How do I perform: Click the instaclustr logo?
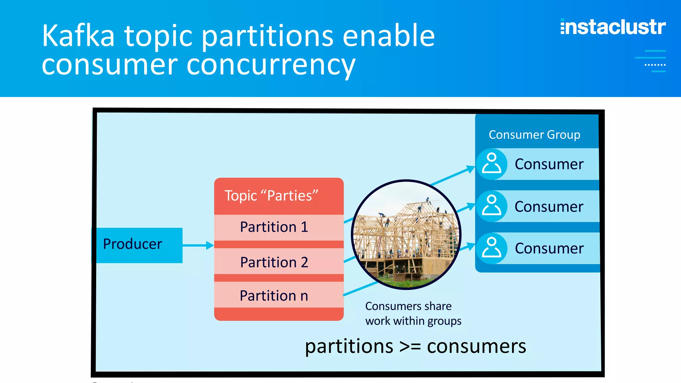[x=613, y=27]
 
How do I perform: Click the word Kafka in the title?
[x=78, y=36]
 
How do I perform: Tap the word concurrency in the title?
[x=271, y=65]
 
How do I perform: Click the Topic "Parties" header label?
[x=271, y=195]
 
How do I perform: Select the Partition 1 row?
[x=275, y=227]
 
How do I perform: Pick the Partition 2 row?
[x=275, y=262]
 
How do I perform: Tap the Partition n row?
[x=275, y=295]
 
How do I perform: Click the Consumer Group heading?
[x=534, y=135]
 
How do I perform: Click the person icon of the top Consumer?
[x=491, y=164]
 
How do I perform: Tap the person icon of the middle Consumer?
[x=491, y=206]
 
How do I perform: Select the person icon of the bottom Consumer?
[x=491, y=248]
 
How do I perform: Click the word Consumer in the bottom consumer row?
[x=549, y=248]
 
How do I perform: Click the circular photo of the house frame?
[x=406, y=235]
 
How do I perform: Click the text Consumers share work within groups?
[x=413, y=313]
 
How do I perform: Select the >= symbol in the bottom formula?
[x=410, y=346]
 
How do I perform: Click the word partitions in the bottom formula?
[x=349, y=346]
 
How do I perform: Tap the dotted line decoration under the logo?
[x=655, y=65]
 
